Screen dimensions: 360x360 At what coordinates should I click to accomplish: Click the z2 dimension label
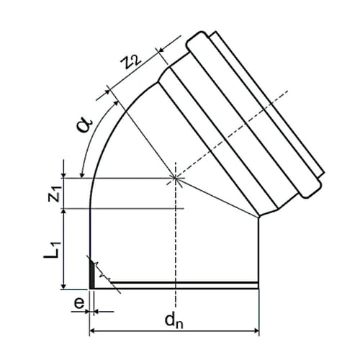[x=130, y=63]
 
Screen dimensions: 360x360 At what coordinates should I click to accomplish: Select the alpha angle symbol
[x=84, y=125]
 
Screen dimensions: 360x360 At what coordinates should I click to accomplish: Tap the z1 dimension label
[x=54, y=194]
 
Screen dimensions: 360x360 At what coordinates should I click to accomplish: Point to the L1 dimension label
[x=51, y=250]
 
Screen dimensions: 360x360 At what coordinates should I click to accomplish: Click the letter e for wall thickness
[x=79, y=303]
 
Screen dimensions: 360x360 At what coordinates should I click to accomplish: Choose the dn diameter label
[x=174, y=320]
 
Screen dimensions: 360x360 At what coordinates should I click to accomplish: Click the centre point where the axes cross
[x=176, y=178]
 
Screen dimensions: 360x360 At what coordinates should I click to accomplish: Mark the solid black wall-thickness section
[x=92, y=274]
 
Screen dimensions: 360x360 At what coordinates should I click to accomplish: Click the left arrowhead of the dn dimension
[x=91, y=331]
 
